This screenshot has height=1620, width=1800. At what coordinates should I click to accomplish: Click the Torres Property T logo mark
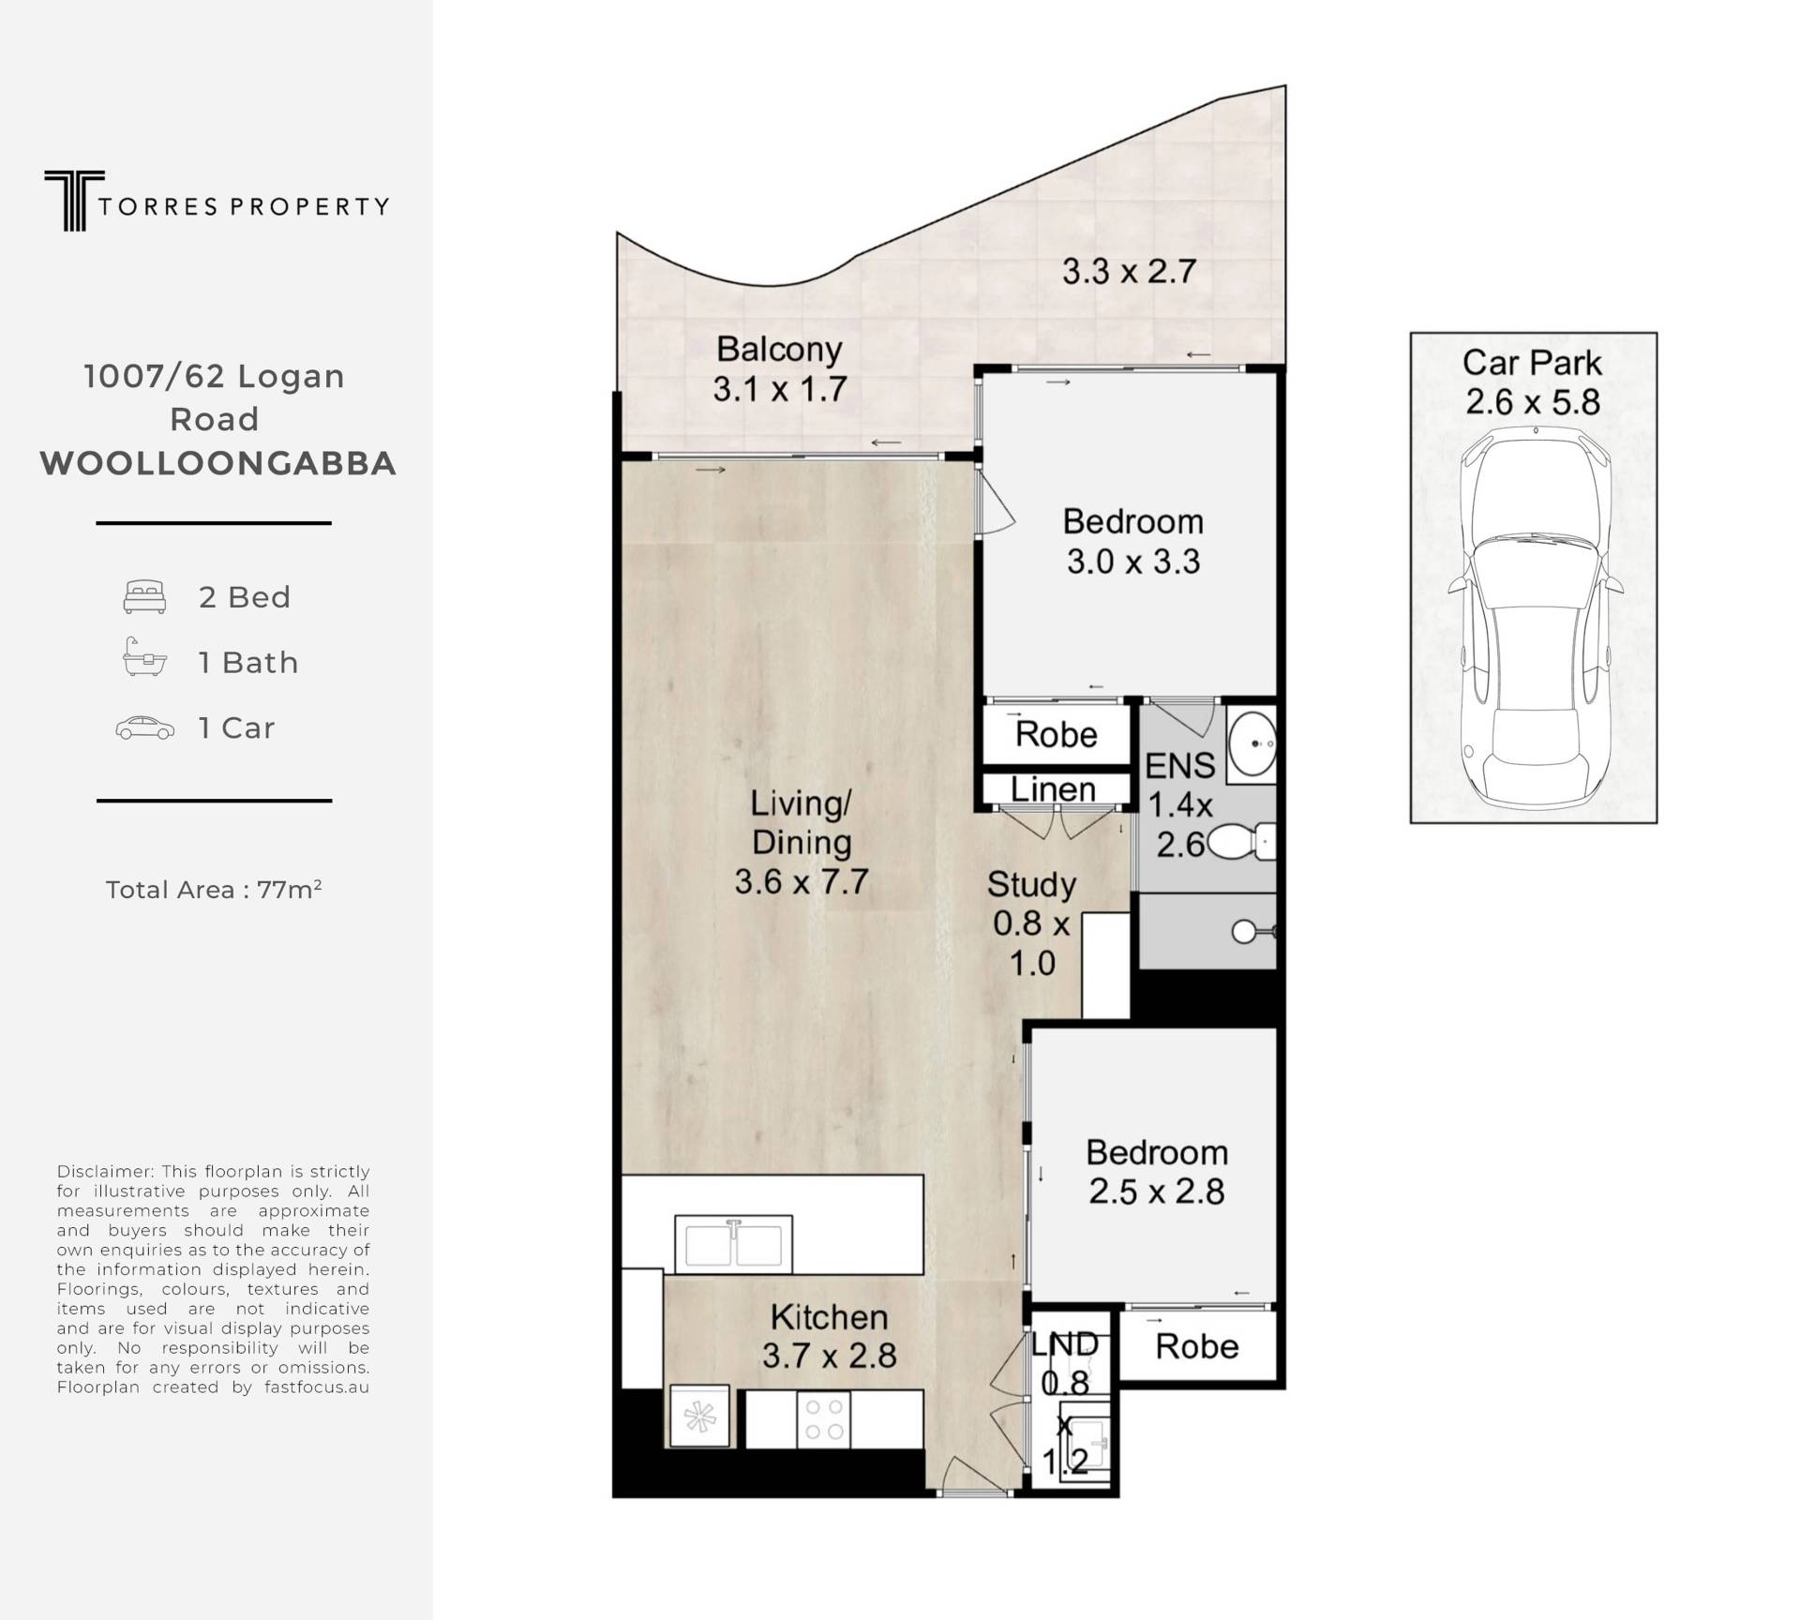point(73,201)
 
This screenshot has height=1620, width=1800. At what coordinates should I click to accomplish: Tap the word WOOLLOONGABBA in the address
point(218,463)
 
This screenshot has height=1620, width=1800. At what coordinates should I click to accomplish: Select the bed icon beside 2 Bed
point(144,597)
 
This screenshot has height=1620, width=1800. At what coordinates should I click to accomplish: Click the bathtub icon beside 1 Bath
point(144,657)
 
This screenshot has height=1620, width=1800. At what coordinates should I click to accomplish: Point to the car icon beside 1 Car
point(144,728)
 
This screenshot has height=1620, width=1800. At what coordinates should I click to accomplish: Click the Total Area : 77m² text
point(214,889)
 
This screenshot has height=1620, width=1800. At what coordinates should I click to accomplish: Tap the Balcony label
point(779,349)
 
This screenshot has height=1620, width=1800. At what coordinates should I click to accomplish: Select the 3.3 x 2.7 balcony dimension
point(1129,272)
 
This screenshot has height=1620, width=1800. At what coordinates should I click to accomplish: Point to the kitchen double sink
point(734,1245)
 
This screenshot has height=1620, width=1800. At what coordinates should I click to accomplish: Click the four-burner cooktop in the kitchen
point(824,1418)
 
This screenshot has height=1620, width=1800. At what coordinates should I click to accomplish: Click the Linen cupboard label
point(1054,789)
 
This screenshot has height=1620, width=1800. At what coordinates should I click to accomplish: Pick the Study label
point(1031,884)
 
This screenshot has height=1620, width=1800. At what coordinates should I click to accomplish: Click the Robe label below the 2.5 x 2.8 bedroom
point(1197,1346)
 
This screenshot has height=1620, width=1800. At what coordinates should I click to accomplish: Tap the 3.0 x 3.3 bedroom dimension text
point(1133,562)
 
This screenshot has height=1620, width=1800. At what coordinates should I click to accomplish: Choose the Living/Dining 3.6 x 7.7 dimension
point(802,882)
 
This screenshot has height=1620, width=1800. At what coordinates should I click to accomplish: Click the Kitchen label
point(829,1317)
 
